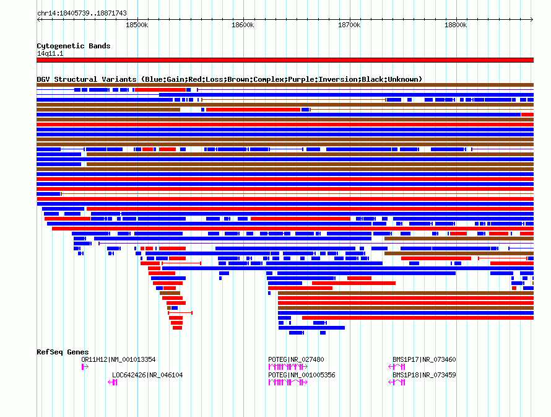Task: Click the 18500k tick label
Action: (137, 25)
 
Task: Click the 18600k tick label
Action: (243, 25)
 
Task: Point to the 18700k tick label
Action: (349, 25)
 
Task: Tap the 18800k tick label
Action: (456, 25)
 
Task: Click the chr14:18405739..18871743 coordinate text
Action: (82, 13)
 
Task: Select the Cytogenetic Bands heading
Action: (74, 46)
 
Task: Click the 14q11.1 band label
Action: (50, 53)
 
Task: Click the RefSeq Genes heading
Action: (63, 352)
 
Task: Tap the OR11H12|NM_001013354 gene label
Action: (118, 359)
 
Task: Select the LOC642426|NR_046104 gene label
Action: (147, 375)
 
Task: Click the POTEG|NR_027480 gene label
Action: (296, 359)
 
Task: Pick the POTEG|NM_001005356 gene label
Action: (302, 375)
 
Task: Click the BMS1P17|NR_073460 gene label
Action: (424, 359)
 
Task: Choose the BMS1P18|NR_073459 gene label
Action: (424, 375)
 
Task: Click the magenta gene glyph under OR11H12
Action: (85, 367)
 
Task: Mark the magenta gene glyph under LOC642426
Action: (113, 382)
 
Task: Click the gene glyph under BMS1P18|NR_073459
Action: (397, 382)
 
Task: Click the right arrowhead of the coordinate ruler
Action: (532, 19)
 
